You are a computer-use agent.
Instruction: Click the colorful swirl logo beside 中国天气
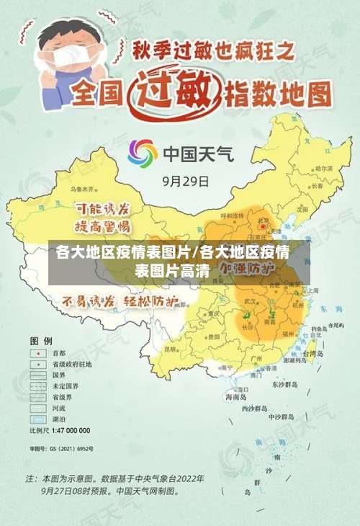(143, 153)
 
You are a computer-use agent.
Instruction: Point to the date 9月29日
(186, 181)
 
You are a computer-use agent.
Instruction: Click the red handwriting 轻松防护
(152, 301)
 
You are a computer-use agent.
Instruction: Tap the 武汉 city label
(251, 301)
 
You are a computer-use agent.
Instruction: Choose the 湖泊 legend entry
(58, 419)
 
